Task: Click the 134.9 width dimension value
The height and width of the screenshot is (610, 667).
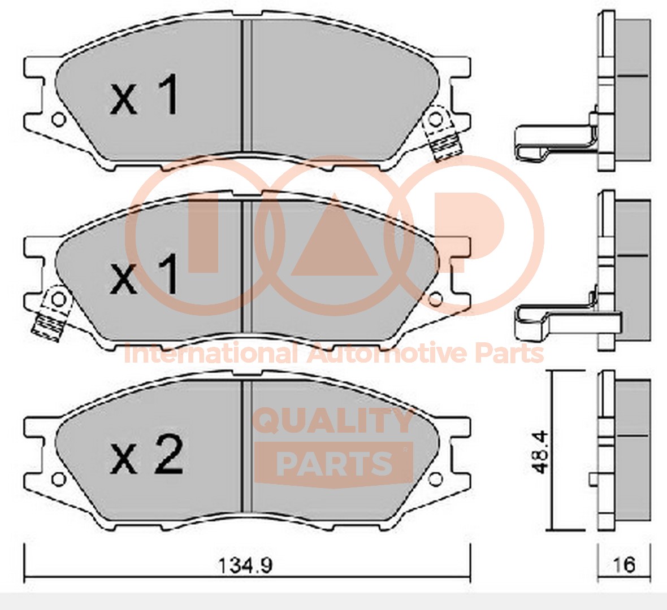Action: point(245,565)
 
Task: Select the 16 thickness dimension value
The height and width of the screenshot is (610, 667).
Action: point(625,565)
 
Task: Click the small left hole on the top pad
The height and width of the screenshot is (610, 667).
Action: point(58,120)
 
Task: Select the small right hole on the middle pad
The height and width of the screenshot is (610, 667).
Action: point(436,299)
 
